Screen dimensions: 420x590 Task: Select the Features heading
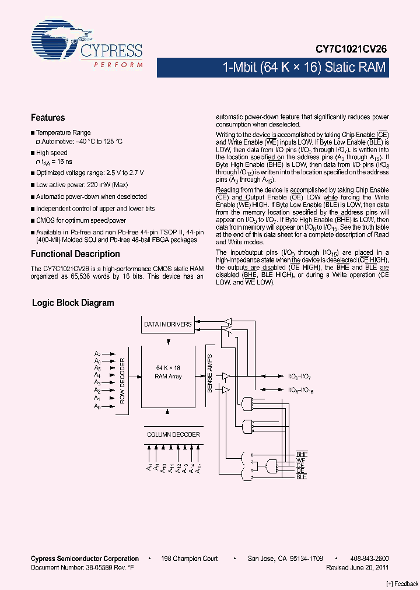point(48,117)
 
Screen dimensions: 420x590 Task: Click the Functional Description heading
point(75,254)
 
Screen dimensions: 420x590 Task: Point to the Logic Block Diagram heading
point(73,303)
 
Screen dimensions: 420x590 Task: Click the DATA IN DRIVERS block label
point(167,324)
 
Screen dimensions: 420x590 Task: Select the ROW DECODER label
point(123,382)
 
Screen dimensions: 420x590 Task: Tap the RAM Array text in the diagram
point(168,377)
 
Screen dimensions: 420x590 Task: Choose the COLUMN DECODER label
point(173,434)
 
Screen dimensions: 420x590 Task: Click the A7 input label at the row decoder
point(97,353)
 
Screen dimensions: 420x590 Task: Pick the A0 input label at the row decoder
point(97,407)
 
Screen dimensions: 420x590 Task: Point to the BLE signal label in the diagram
point(301,477)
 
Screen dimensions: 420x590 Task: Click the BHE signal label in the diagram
point(302,454)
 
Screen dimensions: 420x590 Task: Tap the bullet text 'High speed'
point(52,153)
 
